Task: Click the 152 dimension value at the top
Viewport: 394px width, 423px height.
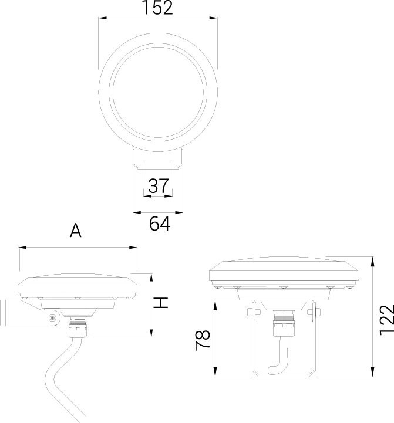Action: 157,8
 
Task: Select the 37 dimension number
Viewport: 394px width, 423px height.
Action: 157,186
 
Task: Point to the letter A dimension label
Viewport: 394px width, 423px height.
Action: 75,231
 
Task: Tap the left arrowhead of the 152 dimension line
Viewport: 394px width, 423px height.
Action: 102,19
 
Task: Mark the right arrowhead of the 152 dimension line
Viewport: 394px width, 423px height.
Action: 214,19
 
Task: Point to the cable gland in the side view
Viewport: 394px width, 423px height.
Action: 76,323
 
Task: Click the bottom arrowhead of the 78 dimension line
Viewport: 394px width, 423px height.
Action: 215,373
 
